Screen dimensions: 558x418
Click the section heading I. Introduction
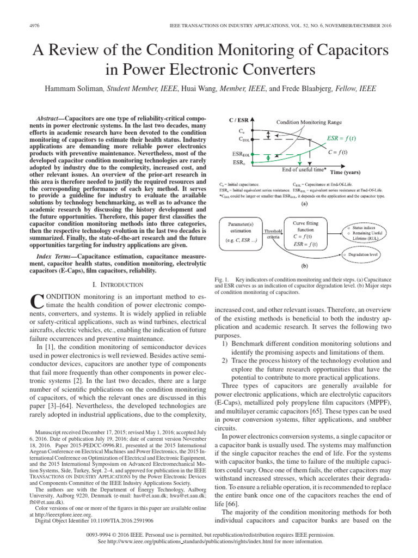[x=118, y=284]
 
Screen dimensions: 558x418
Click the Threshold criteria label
[x=273, y=235]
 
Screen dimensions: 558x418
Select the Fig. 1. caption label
[x=224, y=279]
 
